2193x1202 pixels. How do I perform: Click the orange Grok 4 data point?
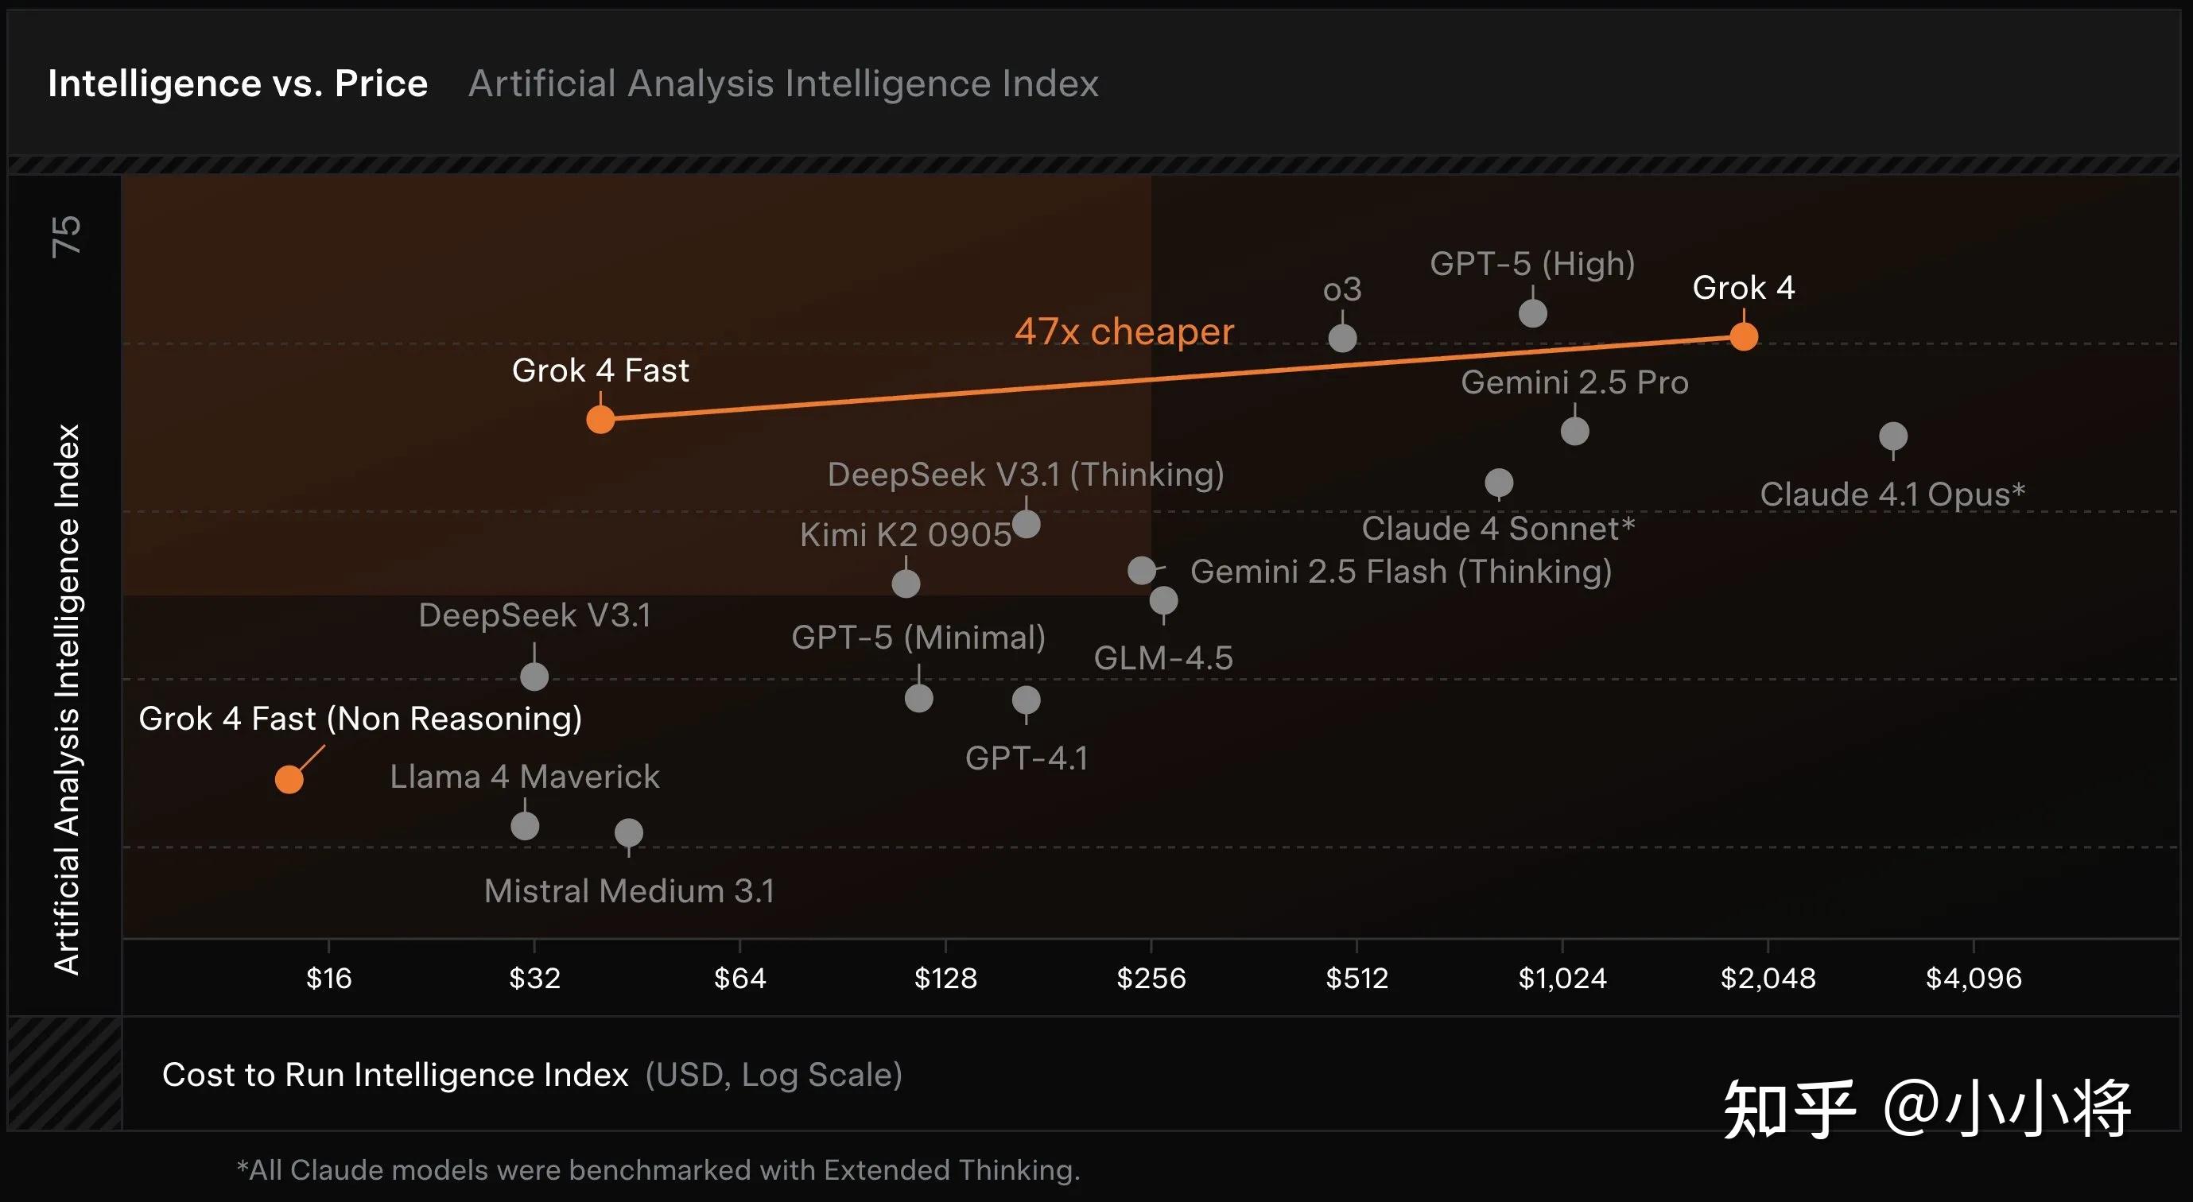(1744, 336)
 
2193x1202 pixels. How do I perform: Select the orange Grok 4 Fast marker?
(600, 419)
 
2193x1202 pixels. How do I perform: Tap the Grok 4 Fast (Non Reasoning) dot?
(289, 779)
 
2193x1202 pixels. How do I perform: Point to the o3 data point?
(1342, 338)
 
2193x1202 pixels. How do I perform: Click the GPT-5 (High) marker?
(1532, 313)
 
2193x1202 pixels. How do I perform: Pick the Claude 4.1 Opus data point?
(1893, 436)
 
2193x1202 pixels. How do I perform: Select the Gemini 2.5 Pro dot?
(1575, 431)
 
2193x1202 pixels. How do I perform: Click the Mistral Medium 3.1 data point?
(629, 832)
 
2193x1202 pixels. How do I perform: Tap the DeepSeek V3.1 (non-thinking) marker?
(534, 677)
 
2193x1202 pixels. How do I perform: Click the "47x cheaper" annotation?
(1124, 332)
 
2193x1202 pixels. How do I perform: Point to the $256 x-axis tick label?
(1151, 978)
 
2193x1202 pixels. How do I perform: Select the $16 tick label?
(328, 978)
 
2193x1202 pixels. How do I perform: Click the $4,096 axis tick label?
(1974, 978)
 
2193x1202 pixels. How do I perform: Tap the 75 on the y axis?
(67, 236)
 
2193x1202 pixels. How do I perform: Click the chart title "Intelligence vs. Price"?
(238, 83)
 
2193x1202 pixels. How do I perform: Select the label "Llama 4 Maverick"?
(525, 777)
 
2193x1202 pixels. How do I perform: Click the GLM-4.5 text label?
(1163, 658)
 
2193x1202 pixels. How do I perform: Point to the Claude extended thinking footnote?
(658, 1169)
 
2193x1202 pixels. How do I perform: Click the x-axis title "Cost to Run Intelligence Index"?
(395, 1074)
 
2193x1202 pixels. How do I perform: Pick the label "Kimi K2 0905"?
(906, 534)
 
